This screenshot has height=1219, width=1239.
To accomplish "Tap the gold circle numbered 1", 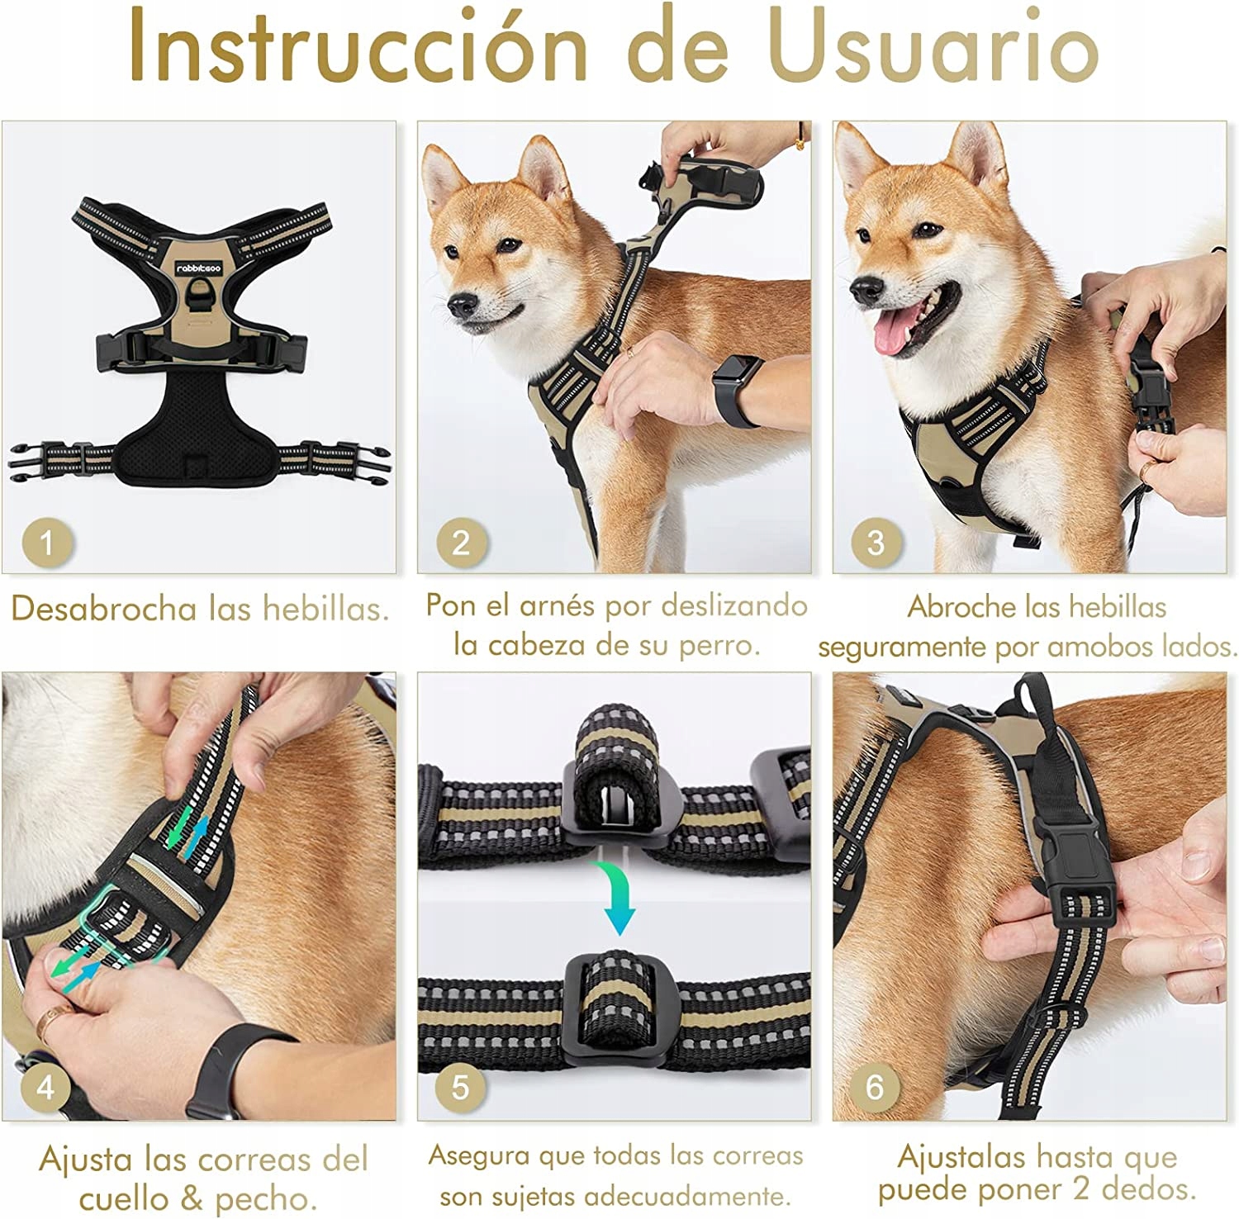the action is (48, 543).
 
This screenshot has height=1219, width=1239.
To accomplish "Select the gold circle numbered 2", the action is (462, 543).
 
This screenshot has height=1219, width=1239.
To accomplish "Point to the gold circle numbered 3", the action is (876, 543).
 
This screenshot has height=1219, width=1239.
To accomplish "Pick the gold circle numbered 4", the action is (46, 1086).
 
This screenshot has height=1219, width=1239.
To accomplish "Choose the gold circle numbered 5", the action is (461, 1086).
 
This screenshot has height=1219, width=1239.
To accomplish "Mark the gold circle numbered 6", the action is (876, 1086).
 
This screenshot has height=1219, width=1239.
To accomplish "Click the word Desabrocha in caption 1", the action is (105, 609).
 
